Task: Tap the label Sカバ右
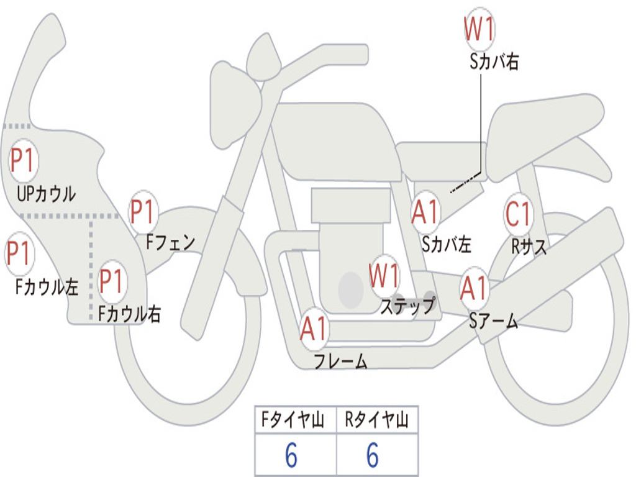494,61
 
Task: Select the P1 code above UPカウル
24,161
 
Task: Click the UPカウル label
46,193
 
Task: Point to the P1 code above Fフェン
143,212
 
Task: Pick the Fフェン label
170,242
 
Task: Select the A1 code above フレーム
314,329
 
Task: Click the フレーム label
340,361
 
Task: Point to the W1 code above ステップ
384,276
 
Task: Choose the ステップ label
408,306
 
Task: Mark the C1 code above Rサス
518,215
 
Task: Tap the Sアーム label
493,320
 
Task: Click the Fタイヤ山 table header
296,420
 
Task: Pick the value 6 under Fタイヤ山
291,456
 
